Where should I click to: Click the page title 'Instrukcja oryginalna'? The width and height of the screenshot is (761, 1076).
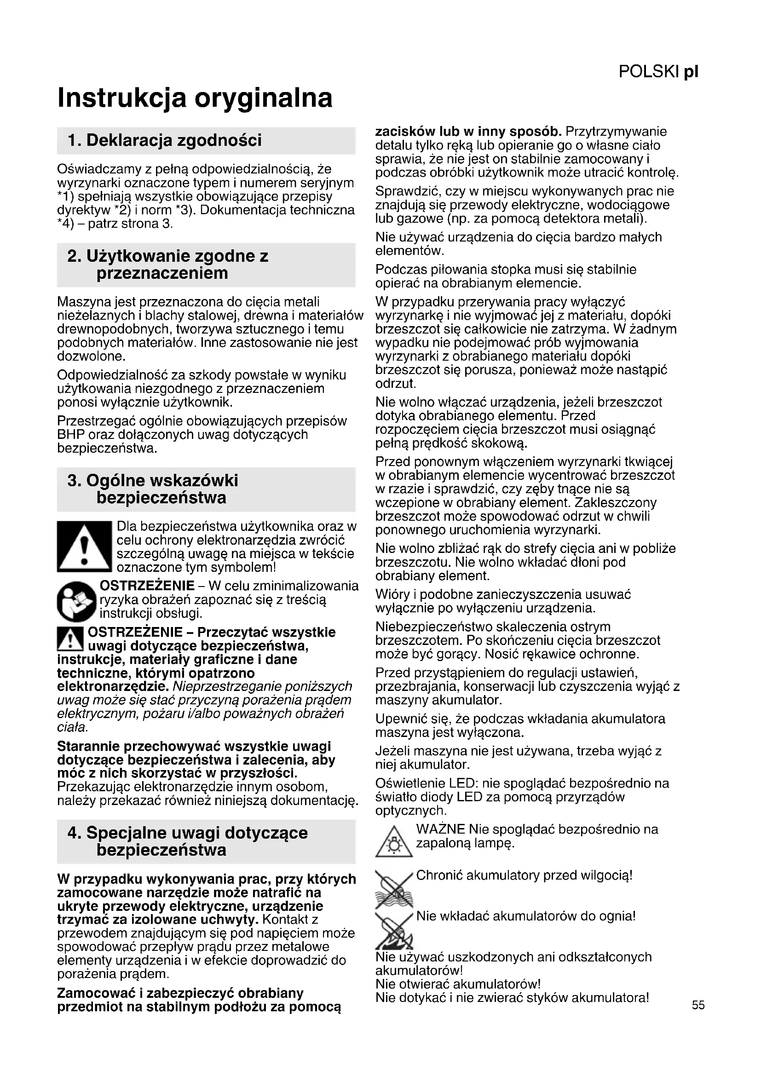195,98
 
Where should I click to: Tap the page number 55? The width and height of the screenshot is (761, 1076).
698,1005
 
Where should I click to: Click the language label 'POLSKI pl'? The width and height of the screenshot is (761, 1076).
658,72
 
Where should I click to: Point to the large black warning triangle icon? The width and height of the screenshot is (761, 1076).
84,547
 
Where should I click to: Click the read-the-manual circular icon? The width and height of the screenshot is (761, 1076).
77,601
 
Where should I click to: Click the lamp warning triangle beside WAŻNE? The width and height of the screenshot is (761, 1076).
394,842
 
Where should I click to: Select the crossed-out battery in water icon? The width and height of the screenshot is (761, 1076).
394,887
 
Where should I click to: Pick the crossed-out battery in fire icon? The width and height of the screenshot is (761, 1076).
394,929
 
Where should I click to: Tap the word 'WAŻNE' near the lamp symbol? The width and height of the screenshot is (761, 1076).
440,829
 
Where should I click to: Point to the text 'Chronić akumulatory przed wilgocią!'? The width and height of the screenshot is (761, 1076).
524,875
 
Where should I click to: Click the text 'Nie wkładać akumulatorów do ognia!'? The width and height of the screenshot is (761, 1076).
526,916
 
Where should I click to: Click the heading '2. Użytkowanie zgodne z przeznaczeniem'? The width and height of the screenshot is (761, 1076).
168,265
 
